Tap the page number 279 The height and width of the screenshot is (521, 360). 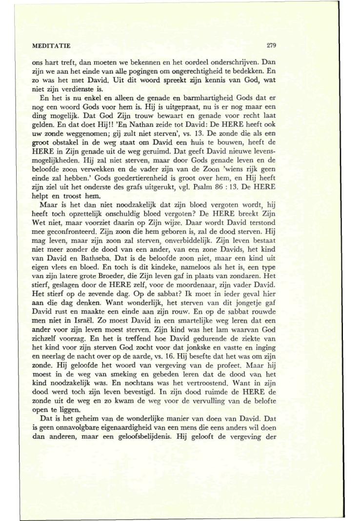(272, 46)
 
